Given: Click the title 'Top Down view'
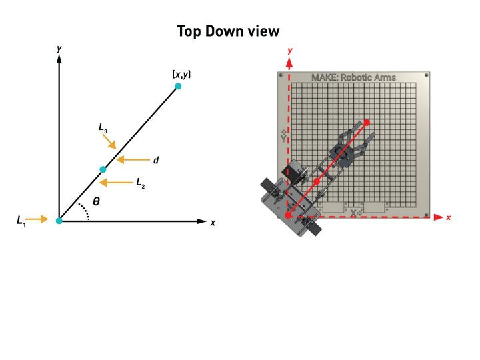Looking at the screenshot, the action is point(228,31).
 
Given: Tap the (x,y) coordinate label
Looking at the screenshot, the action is point(181,75).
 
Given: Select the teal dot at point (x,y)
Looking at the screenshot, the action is point(178,86).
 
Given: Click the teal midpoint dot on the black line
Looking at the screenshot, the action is point(103,169).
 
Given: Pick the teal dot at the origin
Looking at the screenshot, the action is point(59,221).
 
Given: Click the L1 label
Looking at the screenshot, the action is point(21,221).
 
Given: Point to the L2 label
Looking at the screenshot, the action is point(141,183).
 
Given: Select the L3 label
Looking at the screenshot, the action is point(103,127).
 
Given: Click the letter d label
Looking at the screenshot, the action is point(156,160).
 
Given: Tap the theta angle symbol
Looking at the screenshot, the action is point(96,201).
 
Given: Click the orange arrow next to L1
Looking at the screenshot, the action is point(37,219).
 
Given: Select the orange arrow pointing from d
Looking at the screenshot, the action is point(133,159).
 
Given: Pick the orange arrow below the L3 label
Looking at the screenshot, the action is point(109,142).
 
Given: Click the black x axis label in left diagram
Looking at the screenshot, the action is point(213,223).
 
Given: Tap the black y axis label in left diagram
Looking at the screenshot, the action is point(59,49).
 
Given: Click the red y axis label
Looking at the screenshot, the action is point(290,51).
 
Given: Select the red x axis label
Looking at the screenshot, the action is point(449,217).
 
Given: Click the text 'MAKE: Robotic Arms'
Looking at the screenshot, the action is point(353,77).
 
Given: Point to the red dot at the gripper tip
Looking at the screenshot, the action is point(367,123).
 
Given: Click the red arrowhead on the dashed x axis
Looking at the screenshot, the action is point(439,217).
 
